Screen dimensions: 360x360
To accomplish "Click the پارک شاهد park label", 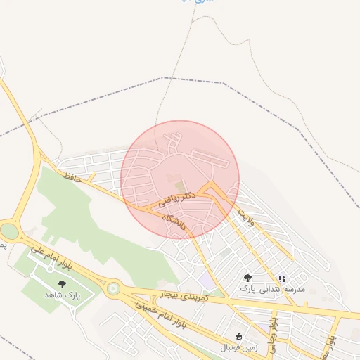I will [63, 295].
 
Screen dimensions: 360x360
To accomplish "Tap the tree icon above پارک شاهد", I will [63, 284].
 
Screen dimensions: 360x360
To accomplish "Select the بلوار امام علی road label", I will [53, 255].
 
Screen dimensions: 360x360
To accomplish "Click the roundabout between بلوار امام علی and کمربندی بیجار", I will [112, 288].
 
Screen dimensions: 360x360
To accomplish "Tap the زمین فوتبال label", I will [239, 347].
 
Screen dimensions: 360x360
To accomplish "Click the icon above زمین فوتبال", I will [239, 336].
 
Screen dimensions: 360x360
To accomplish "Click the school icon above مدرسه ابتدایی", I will [282, 278].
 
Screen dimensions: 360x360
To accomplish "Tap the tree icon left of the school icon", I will [247, 278].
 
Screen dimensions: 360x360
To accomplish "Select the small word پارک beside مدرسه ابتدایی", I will [247, 289].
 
